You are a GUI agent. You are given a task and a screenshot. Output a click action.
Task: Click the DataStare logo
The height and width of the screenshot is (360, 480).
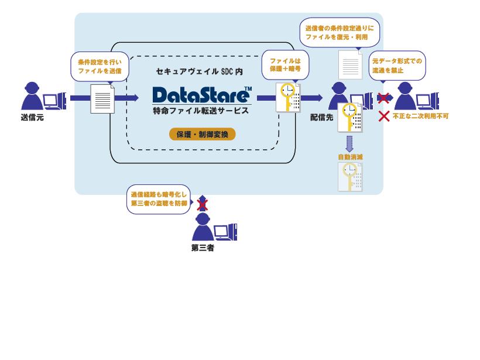point(202,95)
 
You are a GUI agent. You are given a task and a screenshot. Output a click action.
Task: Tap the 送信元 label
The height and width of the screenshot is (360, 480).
point(32,117)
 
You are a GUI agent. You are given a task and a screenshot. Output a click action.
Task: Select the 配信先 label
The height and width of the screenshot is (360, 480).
point(321,117)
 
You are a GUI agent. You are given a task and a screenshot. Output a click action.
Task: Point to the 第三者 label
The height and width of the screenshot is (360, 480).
point(203,248)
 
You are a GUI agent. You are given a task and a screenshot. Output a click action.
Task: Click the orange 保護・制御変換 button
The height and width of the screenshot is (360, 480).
point(203,134)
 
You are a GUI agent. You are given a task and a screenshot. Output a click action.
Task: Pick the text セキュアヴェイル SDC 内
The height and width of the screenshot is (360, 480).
point(200,71)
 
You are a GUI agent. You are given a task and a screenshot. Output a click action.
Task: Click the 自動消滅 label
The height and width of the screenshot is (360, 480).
point(350,157)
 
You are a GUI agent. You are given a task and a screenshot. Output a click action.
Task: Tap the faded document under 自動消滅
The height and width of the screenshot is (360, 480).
point(350,177)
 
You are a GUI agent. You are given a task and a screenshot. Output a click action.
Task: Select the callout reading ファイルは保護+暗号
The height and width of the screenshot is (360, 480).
point(285,65)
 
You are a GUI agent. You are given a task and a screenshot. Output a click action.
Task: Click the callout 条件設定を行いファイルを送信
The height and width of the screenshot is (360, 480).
point(100,66)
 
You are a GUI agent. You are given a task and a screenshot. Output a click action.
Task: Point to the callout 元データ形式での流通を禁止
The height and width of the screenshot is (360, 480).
point(397,66)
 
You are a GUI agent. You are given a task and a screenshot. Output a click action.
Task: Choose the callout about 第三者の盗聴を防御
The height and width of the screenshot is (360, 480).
point(159,199)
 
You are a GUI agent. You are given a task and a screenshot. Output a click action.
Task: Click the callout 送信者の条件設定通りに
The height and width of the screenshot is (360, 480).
point(340,32)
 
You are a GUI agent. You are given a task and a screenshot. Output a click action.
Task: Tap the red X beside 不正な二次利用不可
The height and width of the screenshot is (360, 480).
point(384,116)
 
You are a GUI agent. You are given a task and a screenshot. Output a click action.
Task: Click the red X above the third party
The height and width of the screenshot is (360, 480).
point(203,205)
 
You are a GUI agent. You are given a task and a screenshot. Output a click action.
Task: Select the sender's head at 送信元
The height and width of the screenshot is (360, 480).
point(32,88)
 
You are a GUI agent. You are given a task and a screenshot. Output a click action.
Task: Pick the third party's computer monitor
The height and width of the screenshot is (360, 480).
point(221,231)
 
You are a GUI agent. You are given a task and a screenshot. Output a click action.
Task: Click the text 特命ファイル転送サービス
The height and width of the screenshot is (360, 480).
point(201,111)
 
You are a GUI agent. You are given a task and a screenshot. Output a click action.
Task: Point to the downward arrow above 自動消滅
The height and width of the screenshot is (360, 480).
point(349,144)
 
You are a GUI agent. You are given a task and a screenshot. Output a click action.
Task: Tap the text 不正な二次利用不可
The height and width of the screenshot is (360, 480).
point(421,116)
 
